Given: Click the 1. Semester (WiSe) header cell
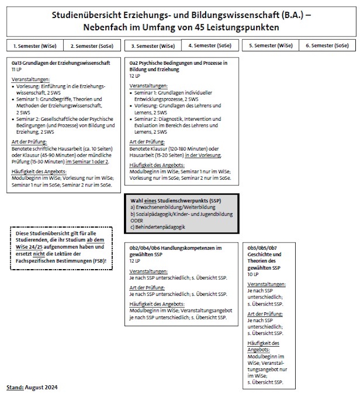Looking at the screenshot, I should [x=35, y=46].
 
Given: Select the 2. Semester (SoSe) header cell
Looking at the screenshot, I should [x=92, y=46].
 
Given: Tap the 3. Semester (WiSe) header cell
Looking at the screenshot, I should [x=153, y=46].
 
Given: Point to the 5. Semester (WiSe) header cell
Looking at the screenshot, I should [x=271, y=45].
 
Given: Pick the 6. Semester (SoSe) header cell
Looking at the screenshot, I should [x=327, y=45].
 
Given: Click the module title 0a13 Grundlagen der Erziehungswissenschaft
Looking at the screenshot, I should [x=61, y=63].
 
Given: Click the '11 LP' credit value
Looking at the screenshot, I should [x=17, y=69].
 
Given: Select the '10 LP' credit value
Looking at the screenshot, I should [x=253, y=274].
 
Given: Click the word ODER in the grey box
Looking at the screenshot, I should [x=137, y=220].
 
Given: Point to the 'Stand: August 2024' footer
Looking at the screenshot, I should [x=32, y=387].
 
